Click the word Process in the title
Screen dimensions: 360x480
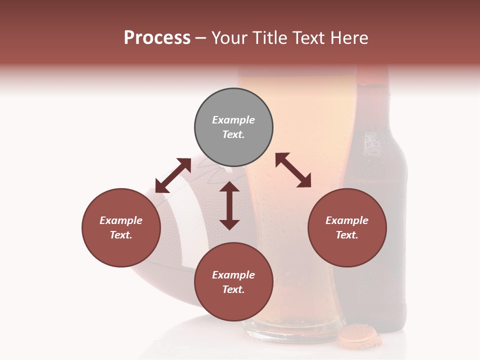pyautogui.click(x=157, y=38)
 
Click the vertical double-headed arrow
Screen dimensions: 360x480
pyautogui.click(x=229, y=205)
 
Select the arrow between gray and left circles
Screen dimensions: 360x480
pyautogui.click(x=173, y=175)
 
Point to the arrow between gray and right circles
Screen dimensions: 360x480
pyautogui.click(x=293, y=170)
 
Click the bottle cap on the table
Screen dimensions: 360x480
pyautogui.click(x=359, y=335)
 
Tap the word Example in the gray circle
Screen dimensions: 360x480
pyautogui.click(x=233, y=120)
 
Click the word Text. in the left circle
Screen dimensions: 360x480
pyautogui.click(x=121, y=235)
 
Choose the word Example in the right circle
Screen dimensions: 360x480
pyautogui.click(x=347, y=220)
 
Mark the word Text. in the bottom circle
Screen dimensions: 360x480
pyautogui.click(x=233, y=289)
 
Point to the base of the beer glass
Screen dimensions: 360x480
pyautogui.click(x=292, y=332)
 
